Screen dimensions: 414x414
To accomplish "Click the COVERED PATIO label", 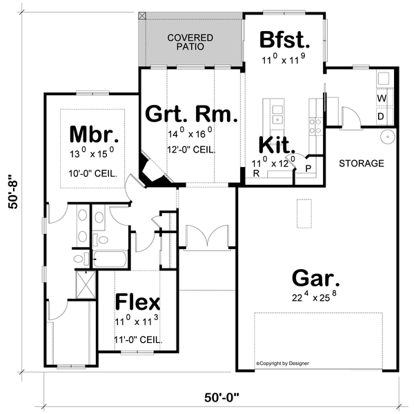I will [190, 42].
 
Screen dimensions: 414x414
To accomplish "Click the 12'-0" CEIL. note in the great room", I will [191, 149].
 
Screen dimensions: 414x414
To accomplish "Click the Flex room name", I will [137, 302].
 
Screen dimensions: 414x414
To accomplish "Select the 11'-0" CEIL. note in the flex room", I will [138, 339].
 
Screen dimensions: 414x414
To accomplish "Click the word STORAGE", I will [361, 164].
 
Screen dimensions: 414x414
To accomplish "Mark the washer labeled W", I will [381, 99].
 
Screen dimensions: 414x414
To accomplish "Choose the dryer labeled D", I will [381, 117].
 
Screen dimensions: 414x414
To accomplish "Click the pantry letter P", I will [307, 168].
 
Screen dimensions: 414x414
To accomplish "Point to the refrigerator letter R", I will [256, 174].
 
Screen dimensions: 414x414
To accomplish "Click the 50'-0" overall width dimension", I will [227, 397].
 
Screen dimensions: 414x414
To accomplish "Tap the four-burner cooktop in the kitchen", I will [315, 124].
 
